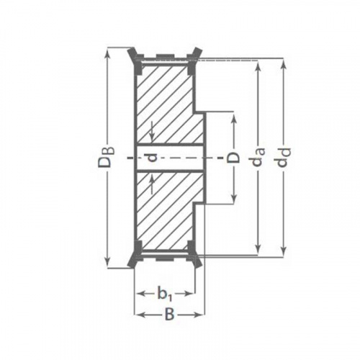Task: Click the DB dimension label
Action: point(106,157)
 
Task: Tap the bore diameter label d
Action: point(152,158)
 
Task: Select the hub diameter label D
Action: point(233,158)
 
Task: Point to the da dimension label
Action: point(259,157)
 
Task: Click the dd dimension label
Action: point(285,157)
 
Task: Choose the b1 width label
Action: point(165,293)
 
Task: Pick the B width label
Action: point(169,314)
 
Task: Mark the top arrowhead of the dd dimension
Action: point(284,63)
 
